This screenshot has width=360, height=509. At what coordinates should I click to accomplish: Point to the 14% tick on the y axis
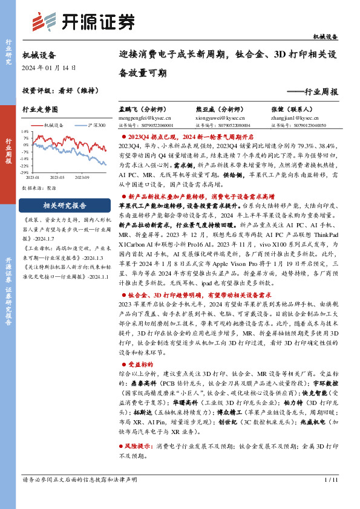coord(24,130)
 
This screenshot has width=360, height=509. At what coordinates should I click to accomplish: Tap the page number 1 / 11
coord(330,480)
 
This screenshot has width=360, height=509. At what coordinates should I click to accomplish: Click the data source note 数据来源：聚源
coord(38,188)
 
